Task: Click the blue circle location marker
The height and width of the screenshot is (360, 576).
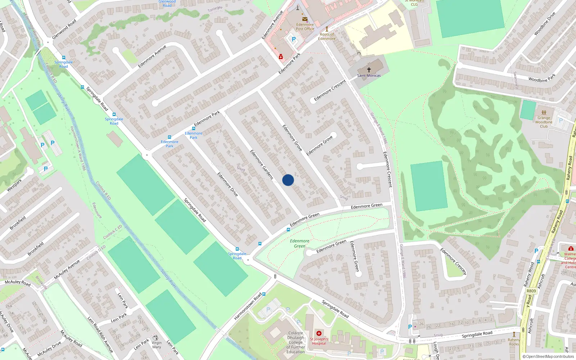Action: (x=288, y=180)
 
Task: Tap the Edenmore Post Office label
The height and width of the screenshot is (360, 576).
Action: (x=305, y=27)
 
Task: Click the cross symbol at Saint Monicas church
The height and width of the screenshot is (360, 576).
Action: (x=369, y=69)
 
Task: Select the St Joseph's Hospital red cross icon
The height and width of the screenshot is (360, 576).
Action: (x=319, y=333)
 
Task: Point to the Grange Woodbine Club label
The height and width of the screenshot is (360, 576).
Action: (x=544, y=122)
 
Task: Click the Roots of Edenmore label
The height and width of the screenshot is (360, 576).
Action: (x=327, y=36)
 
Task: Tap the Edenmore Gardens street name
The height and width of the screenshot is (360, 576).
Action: (x=262, y=165)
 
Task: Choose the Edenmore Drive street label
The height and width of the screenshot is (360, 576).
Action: (x=228, y=184)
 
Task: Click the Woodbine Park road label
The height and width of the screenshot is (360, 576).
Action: (x=542, y=78)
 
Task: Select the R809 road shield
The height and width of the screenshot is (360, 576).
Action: (x=531, y=291)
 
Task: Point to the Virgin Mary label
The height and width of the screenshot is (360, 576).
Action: (x=157, y=345)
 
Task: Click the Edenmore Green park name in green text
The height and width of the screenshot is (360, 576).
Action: (x=300, y=243)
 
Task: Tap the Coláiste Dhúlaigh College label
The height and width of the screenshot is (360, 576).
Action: (x=296, y=342)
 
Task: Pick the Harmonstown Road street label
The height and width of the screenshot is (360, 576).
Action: (x=248, y=306)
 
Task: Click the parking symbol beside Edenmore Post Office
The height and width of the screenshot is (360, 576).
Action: (x=293, y=39)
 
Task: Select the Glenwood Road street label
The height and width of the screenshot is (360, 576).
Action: (x=64, y=29)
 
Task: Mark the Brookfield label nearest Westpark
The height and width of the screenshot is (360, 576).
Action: (x=18, y=223)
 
